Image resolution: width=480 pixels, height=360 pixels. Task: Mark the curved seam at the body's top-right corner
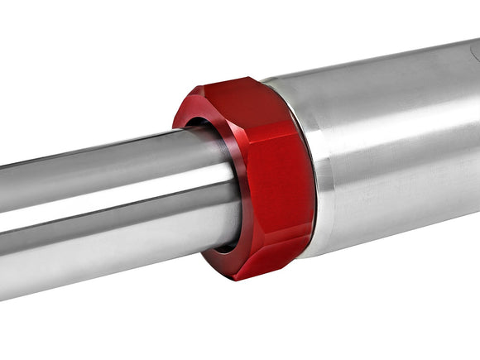pos(473,51)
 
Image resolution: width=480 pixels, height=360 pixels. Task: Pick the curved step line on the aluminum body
pos(327,166)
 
